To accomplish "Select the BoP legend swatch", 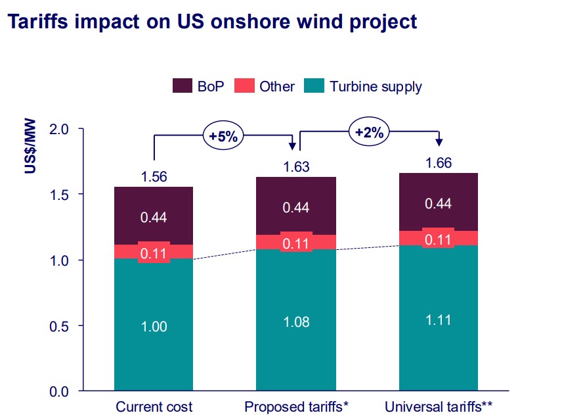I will coord(182,86).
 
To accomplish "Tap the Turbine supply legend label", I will coord(376,86).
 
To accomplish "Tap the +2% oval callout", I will coord(369,132).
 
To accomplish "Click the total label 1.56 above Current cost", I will coord(154,176).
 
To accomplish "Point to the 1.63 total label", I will coord(296,167).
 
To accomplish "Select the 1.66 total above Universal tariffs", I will coord(439,163).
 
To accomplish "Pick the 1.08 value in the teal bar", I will coord(296,322).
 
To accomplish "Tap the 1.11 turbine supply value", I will coord(439,321).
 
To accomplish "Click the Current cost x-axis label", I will coord(154,406).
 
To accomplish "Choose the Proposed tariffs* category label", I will coord(296,406).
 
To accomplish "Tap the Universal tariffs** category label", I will coord(439,406).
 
